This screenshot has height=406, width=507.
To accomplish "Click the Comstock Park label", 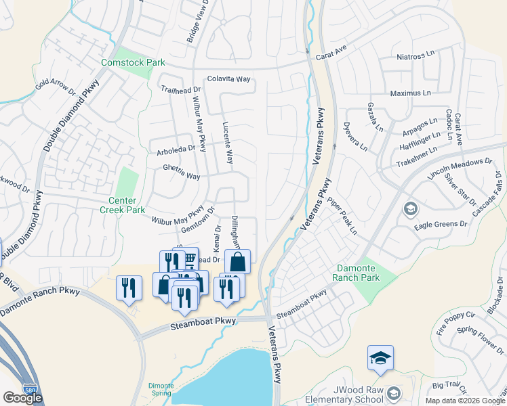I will [133, 63].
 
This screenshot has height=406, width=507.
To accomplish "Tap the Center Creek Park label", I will [127, 206].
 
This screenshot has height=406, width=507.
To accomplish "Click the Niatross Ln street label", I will [415, 55].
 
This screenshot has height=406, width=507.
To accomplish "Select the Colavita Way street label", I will [229, 79].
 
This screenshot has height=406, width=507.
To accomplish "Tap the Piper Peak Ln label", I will [342, 216].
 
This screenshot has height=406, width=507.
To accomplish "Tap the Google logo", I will [22, 398].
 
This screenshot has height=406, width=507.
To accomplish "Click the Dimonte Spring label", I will [161, 390].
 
